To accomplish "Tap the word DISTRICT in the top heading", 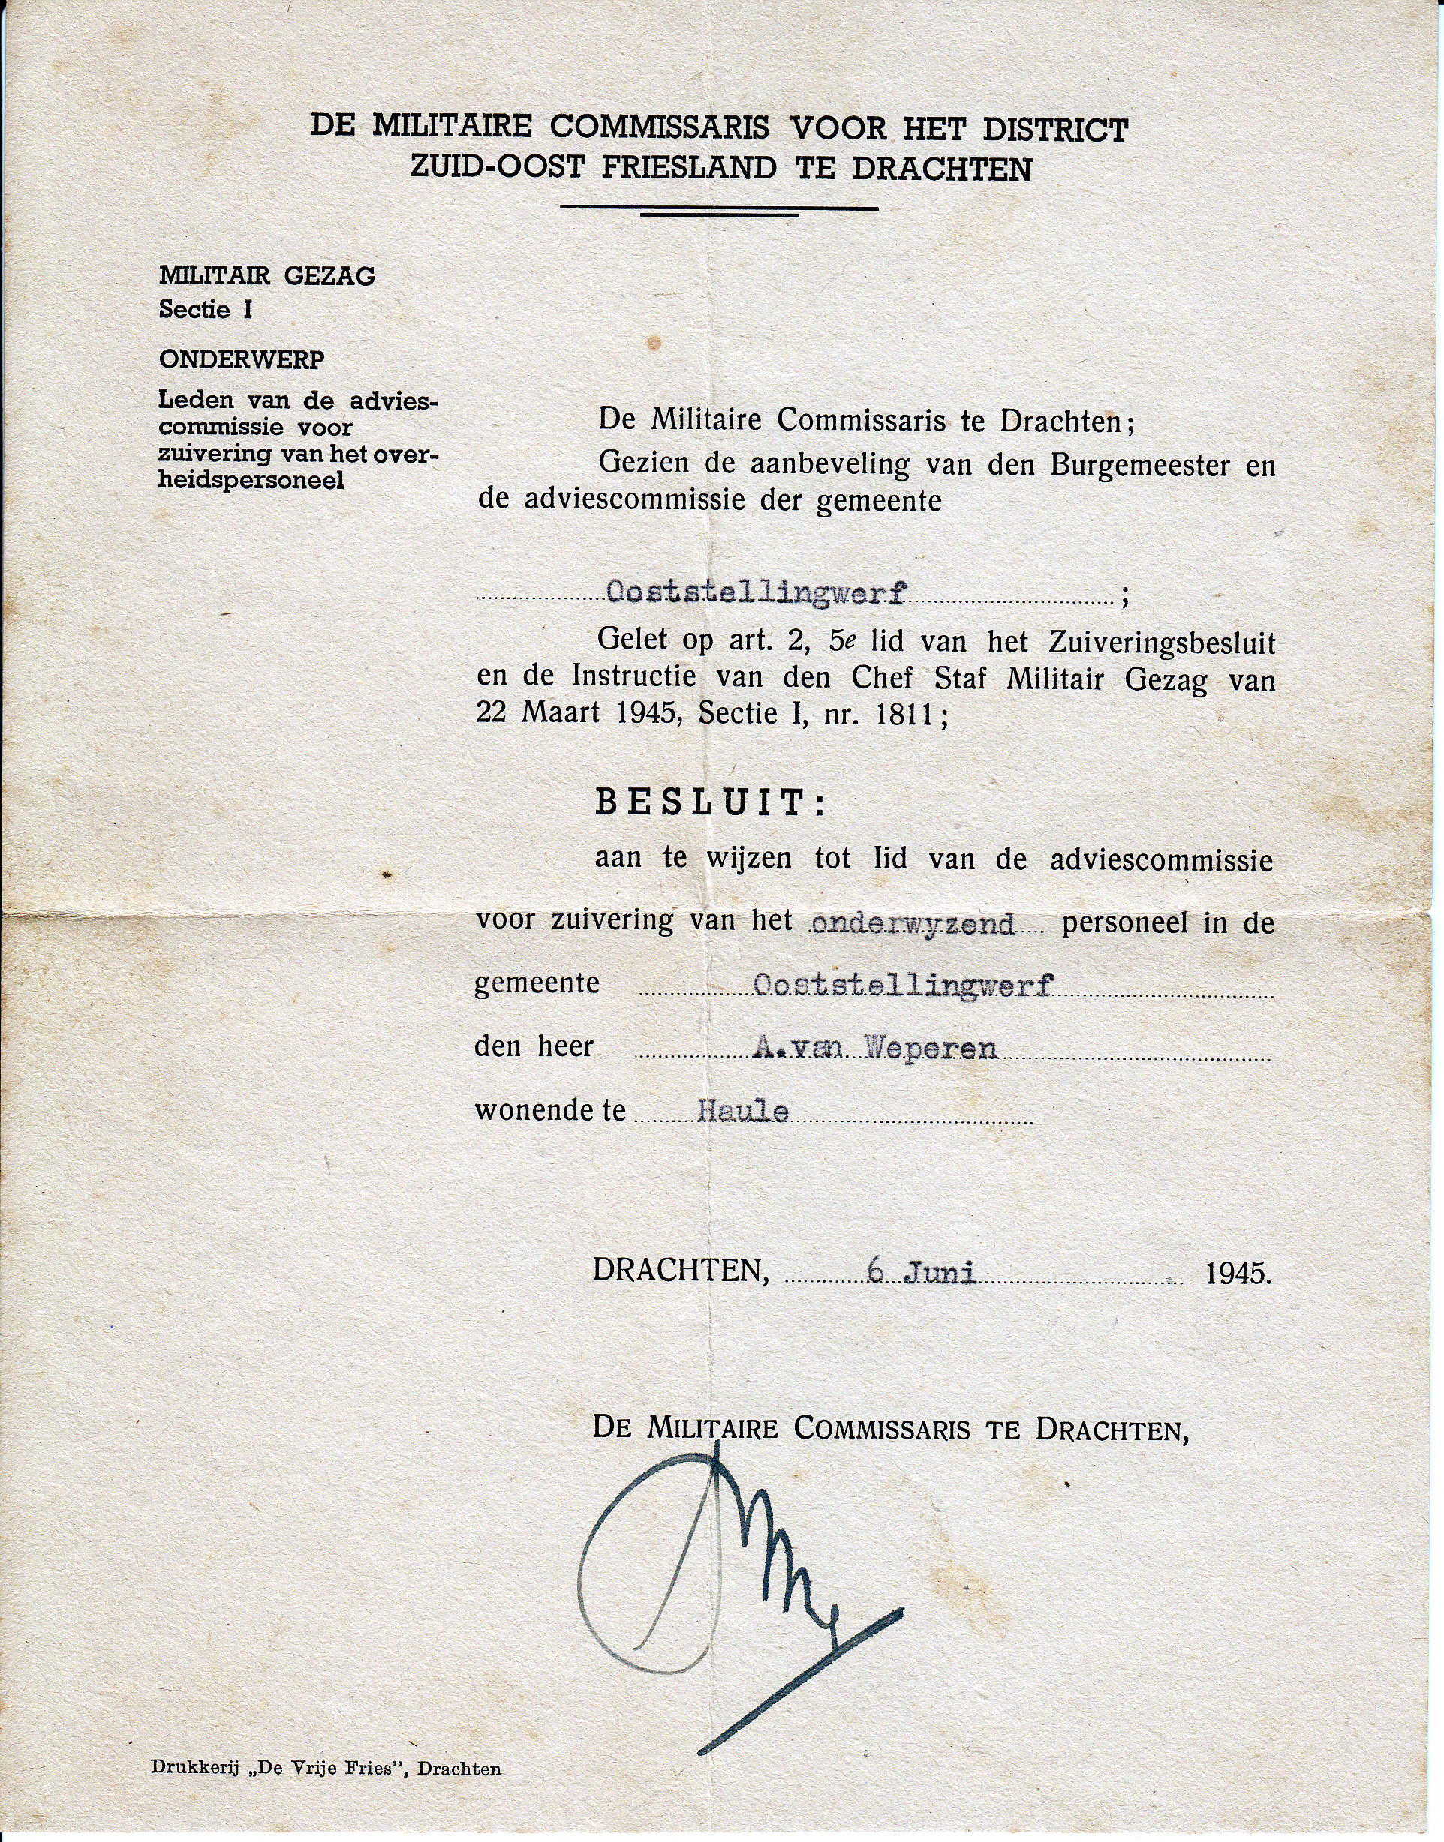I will click(1054, 129).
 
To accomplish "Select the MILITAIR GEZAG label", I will click(266, 275).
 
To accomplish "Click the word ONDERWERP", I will click(242, 359).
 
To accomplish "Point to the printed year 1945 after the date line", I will click(1238, 1273).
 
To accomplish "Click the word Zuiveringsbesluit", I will click(1162, 643).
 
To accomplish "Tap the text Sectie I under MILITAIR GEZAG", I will click(206, 309).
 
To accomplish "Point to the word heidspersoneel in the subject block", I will click(251, 481).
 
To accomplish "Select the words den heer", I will click(534, 1047).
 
